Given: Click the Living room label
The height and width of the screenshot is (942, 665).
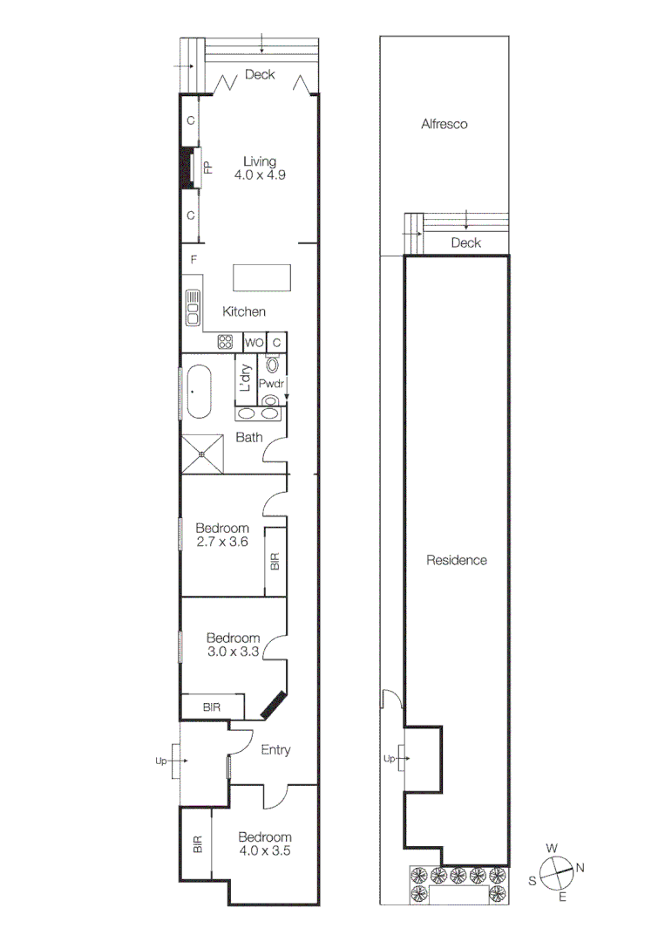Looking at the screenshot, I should (x=260, y=161).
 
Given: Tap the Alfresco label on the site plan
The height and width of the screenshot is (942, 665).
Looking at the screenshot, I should (x=444, y=124).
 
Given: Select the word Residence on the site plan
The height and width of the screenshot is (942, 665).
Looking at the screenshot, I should (x=456, y=560).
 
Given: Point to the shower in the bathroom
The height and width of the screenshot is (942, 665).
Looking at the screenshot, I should (x=201, y=454).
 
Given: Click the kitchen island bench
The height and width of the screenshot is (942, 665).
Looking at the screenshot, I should (x=262, y=277).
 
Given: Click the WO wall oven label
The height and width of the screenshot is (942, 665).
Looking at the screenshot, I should (x=254, y=343).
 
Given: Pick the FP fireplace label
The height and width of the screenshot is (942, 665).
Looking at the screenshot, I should (x=208, y=167).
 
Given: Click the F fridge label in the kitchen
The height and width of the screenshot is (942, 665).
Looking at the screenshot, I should (x=194, y=259).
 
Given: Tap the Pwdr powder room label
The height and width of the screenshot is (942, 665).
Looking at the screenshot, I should (x=272, y=382).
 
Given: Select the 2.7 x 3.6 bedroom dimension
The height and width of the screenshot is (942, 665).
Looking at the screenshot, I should (x=222, y=542).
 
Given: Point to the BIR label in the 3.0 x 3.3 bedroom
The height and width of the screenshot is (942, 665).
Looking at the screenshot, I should (x=212, y=706).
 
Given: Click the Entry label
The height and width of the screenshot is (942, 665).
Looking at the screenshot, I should (x=275, y=750).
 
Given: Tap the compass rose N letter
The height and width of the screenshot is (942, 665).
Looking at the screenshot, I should (x=580, y=867).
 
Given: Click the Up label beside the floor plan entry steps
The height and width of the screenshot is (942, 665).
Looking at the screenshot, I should (x=160, y=761).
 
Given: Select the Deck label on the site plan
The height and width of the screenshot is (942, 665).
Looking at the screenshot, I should (x=466, y=243).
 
